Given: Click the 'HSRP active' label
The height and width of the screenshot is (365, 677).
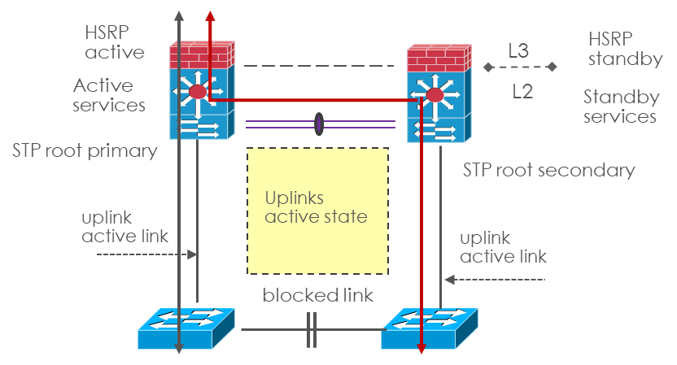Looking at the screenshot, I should click(115, 42).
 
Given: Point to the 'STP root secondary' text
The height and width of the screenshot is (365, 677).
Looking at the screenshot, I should click(548, 171).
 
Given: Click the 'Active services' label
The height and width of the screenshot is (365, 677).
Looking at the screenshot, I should click(109, 95).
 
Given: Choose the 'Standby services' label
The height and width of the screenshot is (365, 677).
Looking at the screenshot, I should click(621, 106).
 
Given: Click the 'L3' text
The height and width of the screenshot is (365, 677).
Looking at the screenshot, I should click(518, 51).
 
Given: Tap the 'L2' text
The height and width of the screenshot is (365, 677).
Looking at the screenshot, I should click(522, 91).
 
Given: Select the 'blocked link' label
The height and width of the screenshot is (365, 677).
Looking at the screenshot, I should click(318, 294).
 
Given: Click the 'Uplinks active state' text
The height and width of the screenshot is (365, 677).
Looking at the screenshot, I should click(317, 207).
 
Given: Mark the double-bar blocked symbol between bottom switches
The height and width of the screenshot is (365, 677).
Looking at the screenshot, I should click(311, 329).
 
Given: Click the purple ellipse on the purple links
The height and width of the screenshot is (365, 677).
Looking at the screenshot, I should click(318, 124).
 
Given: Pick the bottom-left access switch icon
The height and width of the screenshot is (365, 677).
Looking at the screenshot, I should click(186, 328).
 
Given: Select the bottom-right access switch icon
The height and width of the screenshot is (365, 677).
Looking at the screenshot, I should click(430, 328).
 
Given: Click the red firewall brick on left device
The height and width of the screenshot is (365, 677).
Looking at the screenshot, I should click(201, 54).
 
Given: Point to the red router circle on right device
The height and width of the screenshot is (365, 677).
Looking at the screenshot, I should click(435, 96).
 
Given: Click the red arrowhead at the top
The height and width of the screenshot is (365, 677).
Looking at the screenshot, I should click(210, 17).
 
